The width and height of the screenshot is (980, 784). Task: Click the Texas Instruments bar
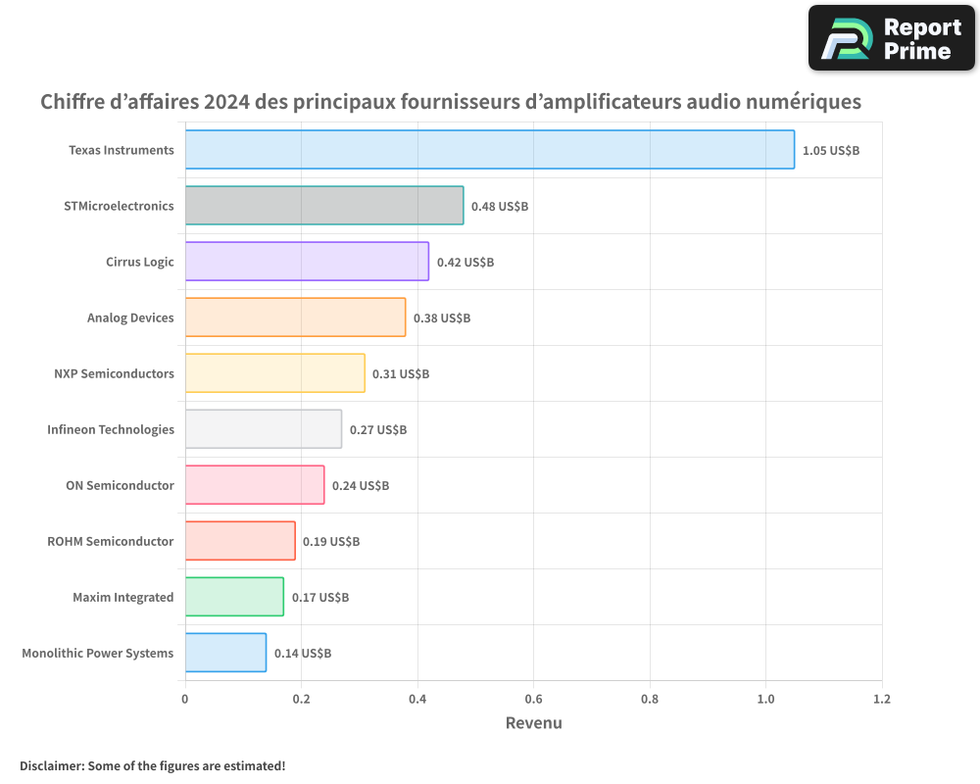(489, 150)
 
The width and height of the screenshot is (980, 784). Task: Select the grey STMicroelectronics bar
(324, 206)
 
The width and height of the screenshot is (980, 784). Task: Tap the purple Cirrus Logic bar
(307, 262)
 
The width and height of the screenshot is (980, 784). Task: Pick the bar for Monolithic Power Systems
(225, 653)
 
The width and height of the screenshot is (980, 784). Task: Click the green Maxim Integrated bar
(234, 597)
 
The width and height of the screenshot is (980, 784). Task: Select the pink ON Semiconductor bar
(255, 485)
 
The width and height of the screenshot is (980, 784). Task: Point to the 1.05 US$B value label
(830, 151)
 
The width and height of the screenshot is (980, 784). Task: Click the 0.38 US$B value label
(442, 318)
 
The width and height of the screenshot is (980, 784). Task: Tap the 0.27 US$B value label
(378, 430)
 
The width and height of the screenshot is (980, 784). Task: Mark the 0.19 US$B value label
(331, 542)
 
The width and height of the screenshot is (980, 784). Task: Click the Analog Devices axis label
(130, 318)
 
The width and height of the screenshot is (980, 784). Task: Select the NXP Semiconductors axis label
(114, 373)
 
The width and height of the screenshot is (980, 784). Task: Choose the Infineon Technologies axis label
(111, 429)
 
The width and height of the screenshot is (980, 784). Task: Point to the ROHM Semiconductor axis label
(111, 541)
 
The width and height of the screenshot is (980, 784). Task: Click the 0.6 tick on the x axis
(533, 700)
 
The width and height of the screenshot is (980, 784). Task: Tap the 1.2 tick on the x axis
(881, 700)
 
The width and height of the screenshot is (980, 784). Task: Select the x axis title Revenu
(533, 723)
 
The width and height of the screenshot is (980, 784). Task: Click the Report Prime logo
(891, 38)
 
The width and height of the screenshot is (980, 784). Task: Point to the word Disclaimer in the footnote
(51, 765)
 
